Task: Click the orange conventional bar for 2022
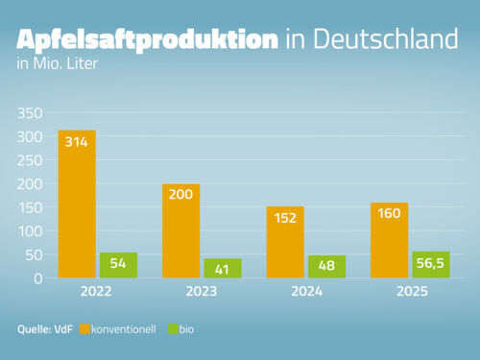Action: tap(77, 204)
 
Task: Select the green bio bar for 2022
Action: tap(119, 266)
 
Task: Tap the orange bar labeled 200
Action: tap(180, 231)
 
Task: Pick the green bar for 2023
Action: tap(223, 269)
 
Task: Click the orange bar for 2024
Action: tap(284, 243)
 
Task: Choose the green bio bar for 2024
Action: tap(326, 267)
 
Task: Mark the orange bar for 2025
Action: tap(389, 241)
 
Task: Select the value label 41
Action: tap(223, 270)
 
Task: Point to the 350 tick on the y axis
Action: tap(31, 112)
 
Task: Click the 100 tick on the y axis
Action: tap(31, 231)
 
